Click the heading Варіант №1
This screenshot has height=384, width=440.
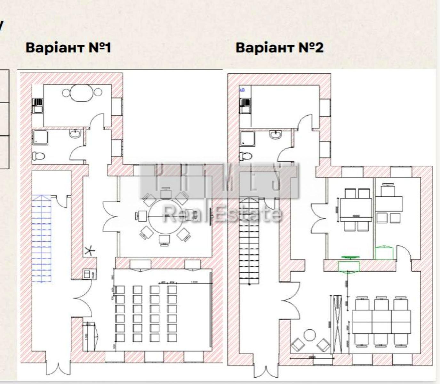point(68,48)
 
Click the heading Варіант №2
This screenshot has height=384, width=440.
point(279,48)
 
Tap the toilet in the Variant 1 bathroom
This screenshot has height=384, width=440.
point(38,156)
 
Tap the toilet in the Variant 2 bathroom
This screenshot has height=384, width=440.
point(245,156)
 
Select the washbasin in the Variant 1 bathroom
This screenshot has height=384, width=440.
point(75,133)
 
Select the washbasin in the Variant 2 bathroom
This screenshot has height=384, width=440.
point(276,134)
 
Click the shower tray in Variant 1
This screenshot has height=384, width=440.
point(40,137)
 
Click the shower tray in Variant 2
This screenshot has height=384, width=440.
point(247,138)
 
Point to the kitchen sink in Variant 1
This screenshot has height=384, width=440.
point(38,106)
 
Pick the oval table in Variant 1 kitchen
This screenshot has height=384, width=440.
point(82,93)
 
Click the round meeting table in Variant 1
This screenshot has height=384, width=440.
point(165,217)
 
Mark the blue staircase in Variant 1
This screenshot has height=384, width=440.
point(42,238)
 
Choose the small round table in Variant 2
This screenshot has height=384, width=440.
point(309,336)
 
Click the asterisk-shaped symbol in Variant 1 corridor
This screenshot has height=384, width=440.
point(90,251)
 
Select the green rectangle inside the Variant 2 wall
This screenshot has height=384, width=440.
point(349,266)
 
